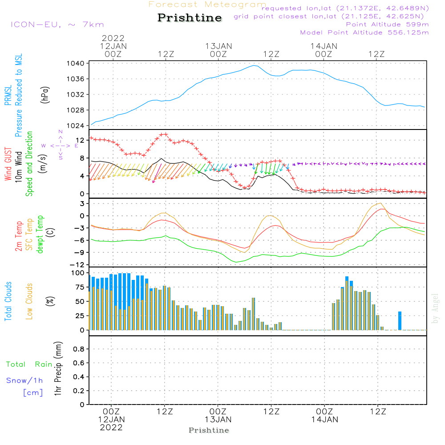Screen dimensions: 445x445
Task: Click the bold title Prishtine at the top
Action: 190,18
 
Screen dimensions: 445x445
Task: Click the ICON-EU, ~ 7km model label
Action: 57,25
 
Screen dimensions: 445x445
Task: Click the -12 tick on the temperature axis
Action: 78,264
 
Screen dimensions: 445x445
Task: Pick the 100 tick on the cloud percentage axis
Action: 78,273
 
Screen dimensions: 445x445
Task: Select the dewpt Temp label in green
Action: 40,235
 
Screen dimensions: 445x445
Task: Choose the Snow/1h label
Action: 24,380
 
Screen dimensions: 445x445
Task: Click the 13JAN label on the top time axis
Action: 218,46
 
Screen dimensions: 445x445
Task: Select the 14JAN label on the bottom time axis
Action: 324,419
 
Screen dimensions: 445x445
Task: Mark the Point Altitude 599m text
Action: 387,24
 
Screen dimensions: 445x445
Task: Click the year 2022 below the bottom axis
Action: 111,427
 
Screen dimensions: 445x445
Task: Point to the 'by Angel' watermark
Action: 436,309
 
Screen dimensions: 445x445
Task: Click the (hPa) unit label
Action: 44,94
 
